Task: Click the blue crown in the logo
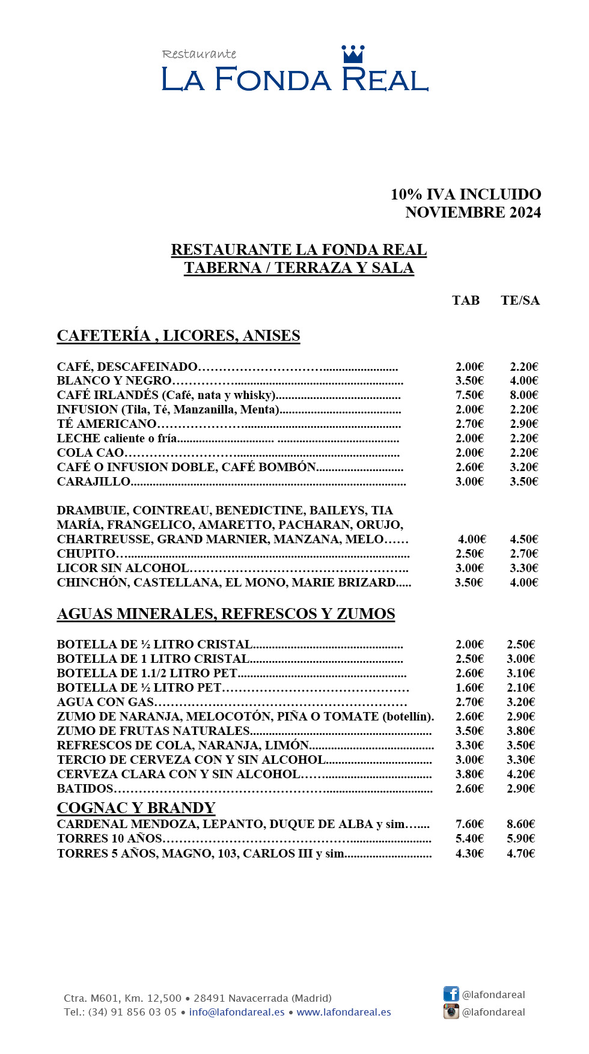pyautogui.click(x=353, y=54)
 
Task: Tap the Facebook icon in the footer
pyautogui.click(x=451, y=994)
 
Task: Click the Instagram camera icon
pyautogui.click(x=451, y=1011)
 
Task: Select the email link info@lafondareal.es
pyautogui.click(x=237, y=1012)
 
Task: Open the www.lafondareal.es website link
pyautogui.click(x=344, y=1012)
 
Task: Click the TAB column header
pyautogui.click(x=466, y=300)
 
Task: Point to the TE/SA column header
pyautogui.click(x=520, y=300)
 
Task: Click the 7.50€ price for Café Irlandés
pyautogui.click(x=469, y=395)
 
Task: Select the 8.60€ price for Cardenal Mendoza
pyautogui.click(x=520, y=824)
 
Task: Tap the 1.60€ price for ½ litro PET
pyautogui.click(x=469, y=687)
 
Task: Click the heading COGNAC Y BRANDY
pyautogui.click(x=136, y=808)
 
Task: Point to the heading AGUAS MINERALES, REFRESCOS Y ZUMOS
pyautogui.click(x=226, y=614)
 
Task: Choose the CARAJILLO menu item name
pyautogui.click(x=94, y=481)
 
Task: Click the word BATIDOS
pyautogui.click(x=85, y=788)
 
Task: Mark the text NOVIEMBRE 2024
pyautogui.click(x=473, y=212)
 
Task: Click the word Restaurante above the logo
pyautogui.click(x=199, y=54)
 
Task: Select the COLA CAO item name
pyautogui.click(x=91, y=452)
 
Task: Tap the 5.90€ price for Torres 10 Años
pyautogui.click(x=520, y=838)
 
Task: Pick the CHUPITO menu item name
pyautogui.click(x=87, y=553)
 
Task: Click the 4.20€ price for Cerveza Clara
pyautogui.click(x=520, y=774)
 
